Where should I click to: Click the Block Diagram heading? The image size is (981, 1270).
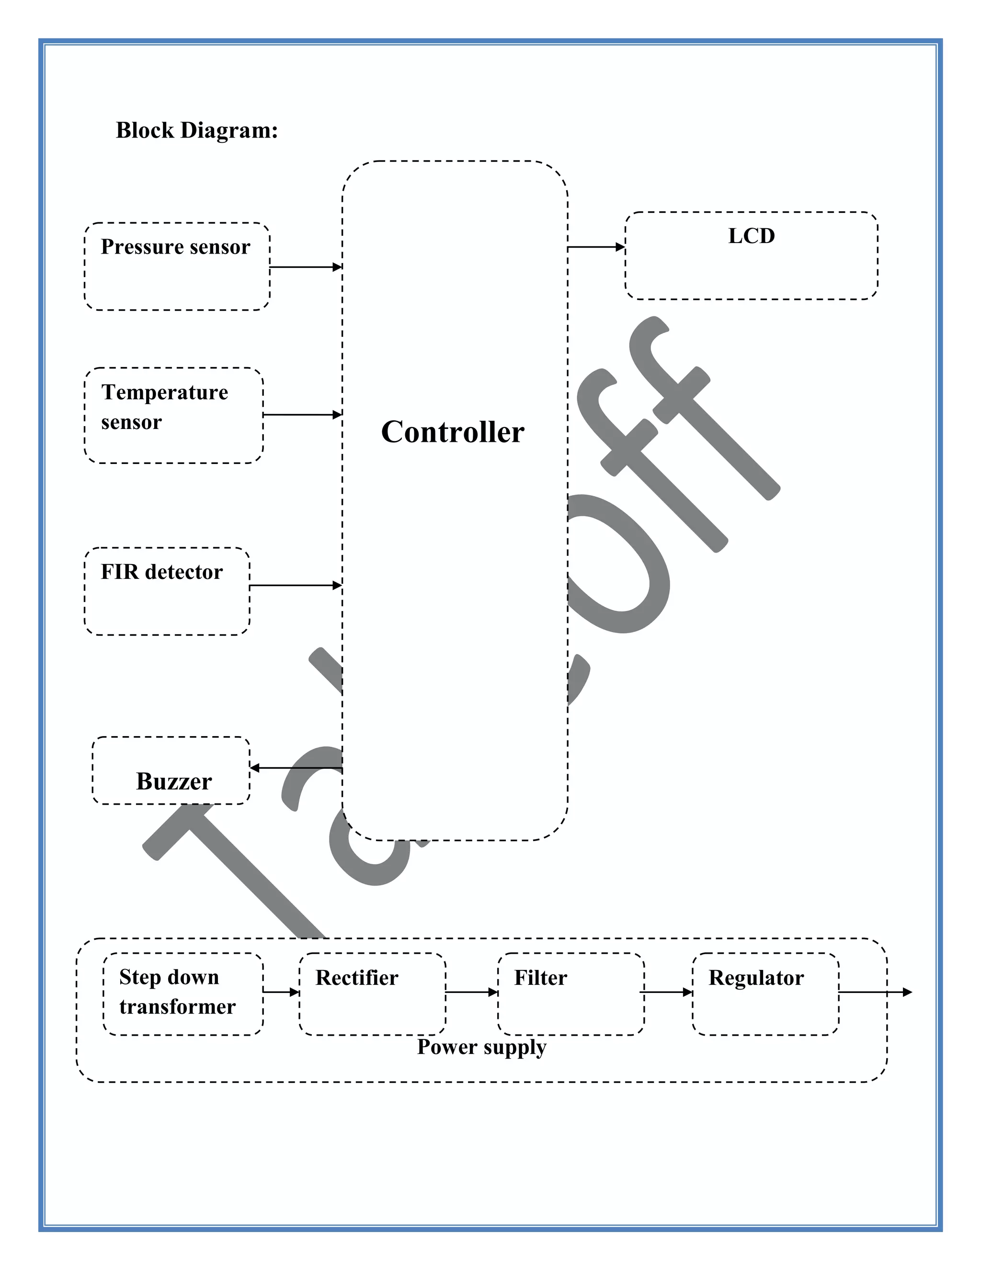click(x=197, y=130)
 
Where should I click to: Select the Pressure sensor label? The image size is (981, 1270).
click(x=175, y=246)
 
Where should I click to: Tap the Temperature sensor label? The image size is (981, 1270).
click(x=164, y=406)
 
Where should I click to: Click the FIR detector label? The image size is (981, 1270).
click(x=161, y=572)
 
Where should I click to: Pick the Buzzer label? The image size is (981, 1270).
click(x=174, y=781)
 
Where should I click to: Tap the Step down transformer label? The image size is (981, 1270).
click(x=177, y=992)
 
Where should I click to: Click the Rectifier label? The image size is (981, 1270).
click(x=357, y=978)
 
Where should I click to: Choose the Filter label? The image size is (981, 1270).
click(x=540, y=978)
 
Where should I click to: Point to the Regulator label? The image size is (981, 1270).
click(x=756, y=978)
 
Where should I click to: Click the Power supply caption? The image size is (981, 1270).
click(x=482, y=1047)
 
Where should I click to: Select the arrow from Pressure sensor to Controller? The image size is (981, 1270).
click(x=306, y=267)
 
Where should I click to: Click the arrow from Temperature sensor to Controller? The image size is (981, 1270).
click(x=302, y=415)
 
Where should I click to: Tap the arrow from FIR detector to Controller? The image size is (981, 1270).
click(x=295, y=585)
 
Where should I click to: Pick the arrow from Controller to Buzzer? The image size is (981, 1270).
click(x=296, y=768)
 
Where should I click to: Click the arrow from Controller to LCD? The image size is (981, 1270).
click(x=596, y=247)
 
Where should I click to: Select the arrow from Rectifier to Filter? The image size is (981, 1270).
click(x=472, y=992)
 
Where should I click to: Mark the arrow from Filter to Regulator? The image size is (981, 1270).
click(x=667, y=992)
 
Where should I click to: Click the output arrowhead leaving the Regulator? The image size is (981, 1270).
click(x=907, y=992)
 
